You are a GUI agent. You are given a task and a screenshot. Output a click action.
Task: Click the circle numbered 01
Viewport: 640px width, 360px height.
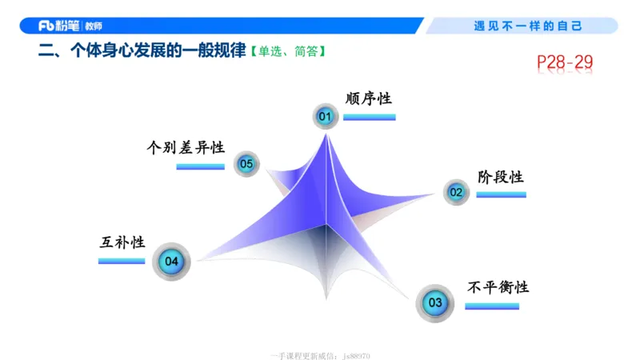(325, 117)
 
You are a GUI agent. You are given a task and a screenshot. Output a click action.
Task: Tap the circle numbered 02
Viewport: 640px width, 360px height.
(455, 192)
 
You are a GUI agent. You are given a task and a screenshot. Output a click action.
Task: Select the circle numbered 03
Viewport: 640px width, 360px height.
(434, 302)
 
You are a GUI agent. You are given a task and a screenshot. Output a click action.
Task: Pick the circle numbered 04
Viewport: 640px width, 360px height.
(171, 261)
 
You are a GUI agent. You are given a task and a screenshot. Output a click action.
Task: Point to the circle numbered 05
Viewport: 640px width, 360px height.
(246, 164)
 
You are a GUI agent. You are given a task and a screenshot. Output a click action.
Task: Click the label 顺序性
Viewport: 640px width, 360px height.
(368, 98)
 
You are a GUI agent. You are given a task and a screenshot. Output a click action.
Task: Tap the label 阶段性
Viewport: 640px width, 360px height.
(500, 176)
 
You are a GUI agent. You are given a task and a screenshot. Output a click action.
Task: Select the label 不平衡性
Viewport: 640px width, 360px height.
(498, 287)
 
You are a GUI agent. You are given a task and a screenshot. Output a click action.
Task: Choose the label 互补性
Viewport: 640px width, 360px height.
(122, 242)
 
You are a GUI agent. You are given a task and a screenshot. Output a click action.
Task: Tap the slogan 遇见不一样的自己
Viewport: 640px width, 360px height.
(528, 26)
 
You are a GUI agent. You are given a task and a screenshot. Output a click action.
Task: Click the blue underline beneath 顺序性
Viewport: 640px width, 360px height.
(369, 118)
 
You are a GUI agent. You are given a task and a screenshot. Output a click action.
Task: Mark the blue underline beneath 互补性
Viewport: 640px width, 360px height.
(122, 261)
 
